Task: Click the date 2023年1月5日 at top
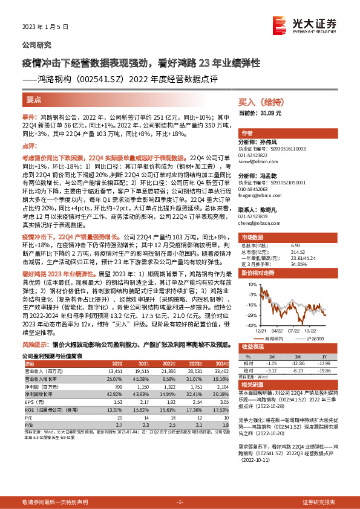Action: tap(45, 27)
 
